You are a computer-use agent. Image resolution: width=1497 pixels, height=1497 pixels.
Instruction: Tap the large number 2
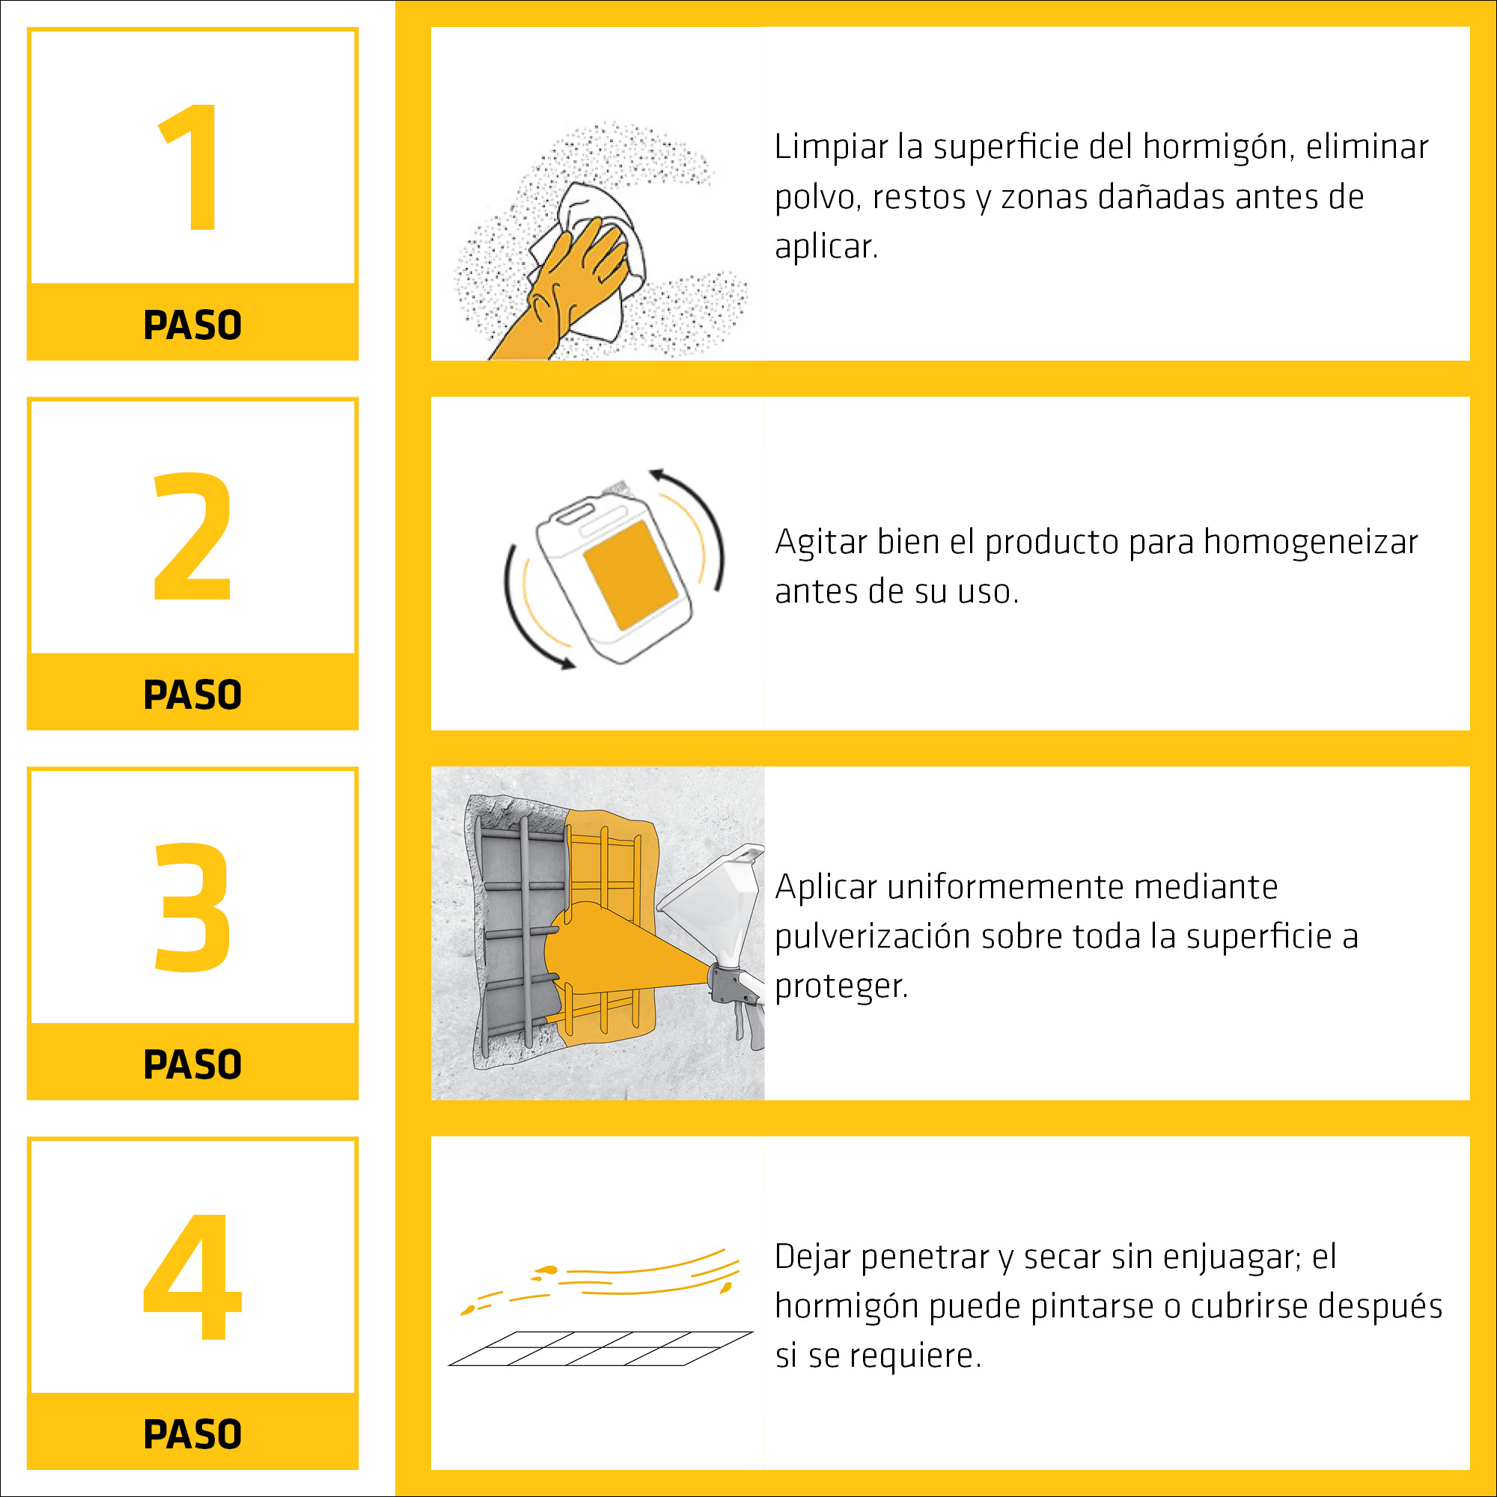192,536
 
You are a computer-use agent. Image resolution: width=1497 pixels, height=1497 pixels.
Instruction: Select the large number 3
192,906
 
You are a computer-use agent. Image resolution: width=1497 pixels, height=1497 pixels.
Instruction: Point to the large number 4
192,1276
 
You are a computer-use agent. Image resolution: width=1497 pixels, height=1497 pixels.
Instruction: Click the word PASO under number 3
192,1064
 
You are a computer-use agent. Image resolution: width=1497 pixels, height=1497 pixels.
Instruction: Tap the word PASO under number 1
192,325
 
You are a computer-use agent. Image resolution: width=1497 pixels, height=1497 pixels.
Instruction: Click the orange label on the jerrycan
632,575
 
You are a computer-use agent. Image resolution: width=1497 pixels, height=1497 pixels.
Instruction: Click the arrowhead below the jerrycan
568,663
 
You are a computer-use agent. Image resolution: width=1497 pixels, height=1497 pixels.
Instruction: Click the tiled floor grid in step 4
600,1349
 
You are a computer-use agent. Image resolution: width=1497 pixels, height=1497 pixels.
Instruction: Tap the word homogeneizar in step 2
1311,543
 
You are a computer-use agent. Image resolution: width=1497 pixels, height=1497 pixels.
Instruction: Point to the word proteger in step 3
841,987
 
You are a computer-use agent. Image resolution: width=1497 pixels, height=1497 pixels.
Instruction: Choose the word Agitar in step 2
821,543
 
